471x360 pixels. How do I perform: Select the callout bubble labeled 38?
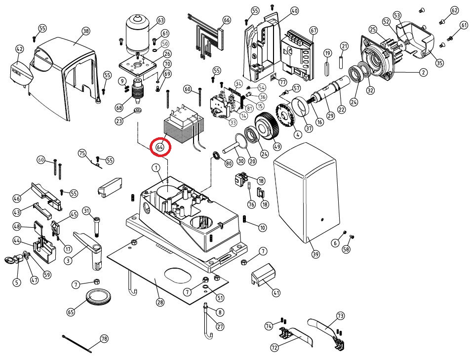pyautogui.click(x=86, y=31)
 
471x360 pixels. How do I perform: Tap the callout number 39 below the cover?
pyautogui.click(x=315, y=255)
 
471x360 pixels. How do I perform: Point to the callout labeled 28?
pyautogui.click(x=159, y=302)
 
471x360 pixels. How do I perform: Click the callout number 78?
pyautogui.click(x=104, y=339)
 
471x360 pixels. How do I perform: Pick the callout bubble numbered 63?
pyautogui.click(x=160, y=20)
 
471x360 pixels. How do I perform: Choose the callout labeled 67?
pyautogui.click(x=313, y=31)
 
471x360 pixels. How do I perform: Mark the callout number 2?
pyautogui.click(x=423, y=73)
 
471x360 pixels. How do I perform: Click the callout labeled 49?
pyautogui.click(x=277, y=146)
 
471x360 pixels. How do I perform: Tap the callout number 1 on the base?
pyautogui.click(x=157, y=168)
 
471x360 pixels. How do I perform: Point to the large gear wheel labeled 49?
pyautogui.click(x=268, y=126)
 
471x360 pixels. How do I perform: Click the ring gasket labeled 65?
pyautogui.click(x=98, y=298)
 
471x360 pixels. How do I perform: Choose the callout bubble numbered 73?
pyautogui.click(x=340, y=316)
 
